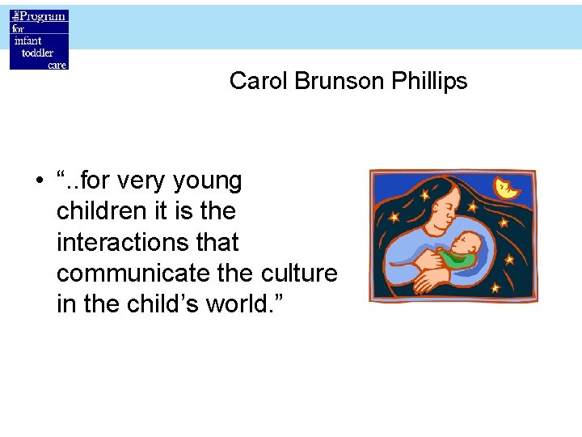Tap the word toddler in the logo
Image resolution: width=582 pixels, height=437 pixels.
(x=37, y=53)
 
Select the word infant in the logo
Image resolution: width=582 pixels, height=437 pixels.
(x=26, y=40)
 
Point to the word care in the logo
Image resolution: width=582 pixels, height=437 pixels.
(x=57, y=65)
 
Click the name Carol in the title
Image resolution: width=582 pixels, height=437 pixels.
(x=253, y=81)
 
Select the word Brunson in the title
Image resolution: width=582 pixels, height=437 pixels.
(x=327, y=81)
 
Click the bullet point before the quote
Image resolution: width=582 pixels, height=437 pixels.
(x=39, y=181)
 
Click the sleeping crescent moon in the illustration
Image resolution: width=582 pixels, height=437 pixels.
(x=508, y=189)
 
